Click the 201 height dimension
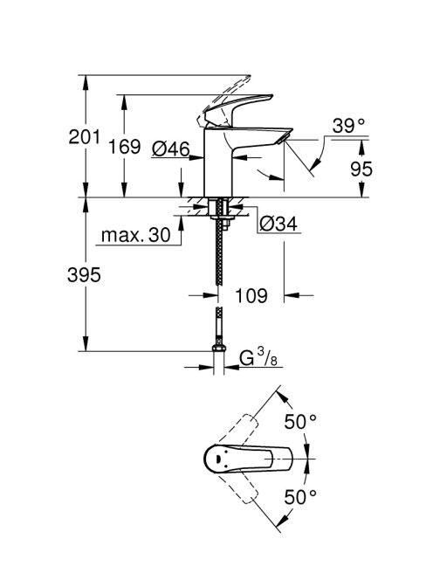click(85, 137)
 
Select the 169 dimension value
click(124, 147)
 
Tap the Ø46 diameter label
click(170, 148)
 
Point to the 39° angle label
click(348, 126)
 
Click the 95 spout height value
click(361, 169)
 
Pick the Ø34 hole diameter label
click(278, 224)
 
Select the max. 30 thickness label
click(135, 235)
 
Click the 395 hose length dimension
click(84, 275)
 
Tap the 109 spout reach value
click(251, 295)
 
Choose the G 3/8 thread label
click(258, 357)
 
